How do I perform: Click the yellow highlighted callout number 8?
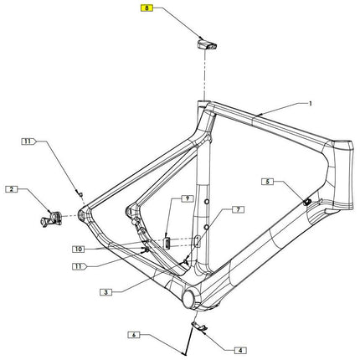coord(147,9)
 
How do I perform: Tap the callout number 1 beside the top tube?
coord(310,105)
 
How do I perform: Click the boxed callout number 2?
coord(12,190)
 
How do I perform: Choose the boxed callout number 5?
coord(268,181)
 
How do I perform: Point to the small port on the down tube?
coord(306,202)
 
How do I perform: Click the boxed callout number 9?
coord(188,199)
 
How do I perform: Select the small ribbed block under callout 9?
coord(166,241)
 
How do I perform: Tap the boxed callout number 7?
coord(237,208)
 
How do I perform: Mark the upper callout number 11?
coord(28,142)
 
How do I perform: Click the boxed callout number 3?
coord(106,292)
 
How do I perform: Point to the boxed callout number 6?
coord(132,335)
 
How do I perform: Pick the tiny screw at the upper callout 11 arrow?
coord(80,193)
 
